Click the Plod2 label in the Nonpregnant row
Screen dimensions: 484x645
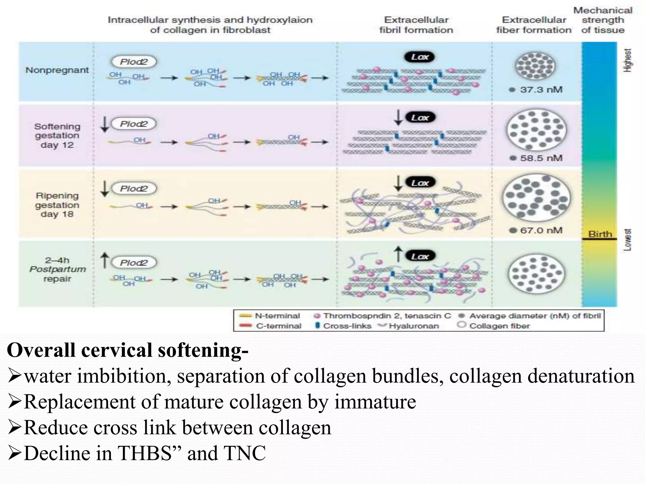[134, 62]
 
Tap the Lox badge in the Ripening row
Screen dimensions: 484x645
[420, 183]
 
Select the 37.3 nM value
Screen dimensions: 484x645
[541, 89]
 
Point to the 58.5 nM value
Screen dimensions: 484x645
[541, 158]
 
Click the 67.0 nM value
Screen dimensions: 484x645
[541, 230]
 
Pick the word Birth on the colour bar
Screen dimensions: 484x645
[600, 234]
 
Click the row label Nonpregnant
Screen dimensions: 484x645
[57, 70]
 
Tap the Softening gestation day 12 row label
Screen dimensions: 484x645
[57, 135]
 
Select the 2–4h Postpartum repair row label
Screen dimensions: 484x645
[57, 269]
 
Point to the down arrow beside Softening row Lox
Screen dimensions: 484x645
[398, 118]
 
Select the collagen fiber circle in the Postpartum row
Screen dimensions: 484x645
[536, 273]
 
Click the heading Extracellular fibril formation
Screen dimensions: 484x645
[416, 25]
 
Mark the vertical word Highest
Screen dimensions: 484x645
[627, 60]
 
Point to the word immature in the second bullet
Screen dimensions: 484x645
[375, 402]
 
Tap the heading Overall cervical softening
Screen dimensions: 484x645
[128, 350]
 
